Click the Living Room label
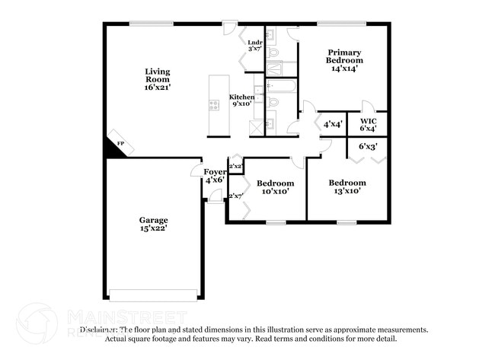pyautogui.click(x=158, y=79)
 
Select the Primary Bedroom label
pyautogui.click(x=344, y=59)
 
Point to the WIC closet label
pyautogui.click(x=369, y=124)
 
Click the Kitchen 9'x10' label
pyautogui.click(x=242, y=101)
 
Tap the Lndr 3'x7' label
pyautogui.click(x=255, y=46)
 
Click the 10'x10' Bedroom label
pyautogui.click(x=275, y=187)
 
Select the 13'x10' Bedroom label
pyautogui.click(x=347, y=186)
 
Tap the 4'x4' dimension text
pyautogui.click(x=333, y=123)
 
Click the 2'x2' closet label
pyautogui.click(x=235, y=165)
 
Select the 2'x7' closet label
pyautogui.click(x=235, y=196)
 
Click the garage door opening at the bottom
pyautogui.click(x=153, y=295)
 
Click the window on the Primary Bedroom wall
pyautogui.click(x=341, y=24)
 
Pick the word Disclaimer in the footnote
pyautogui.click(x=104, y=330)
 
